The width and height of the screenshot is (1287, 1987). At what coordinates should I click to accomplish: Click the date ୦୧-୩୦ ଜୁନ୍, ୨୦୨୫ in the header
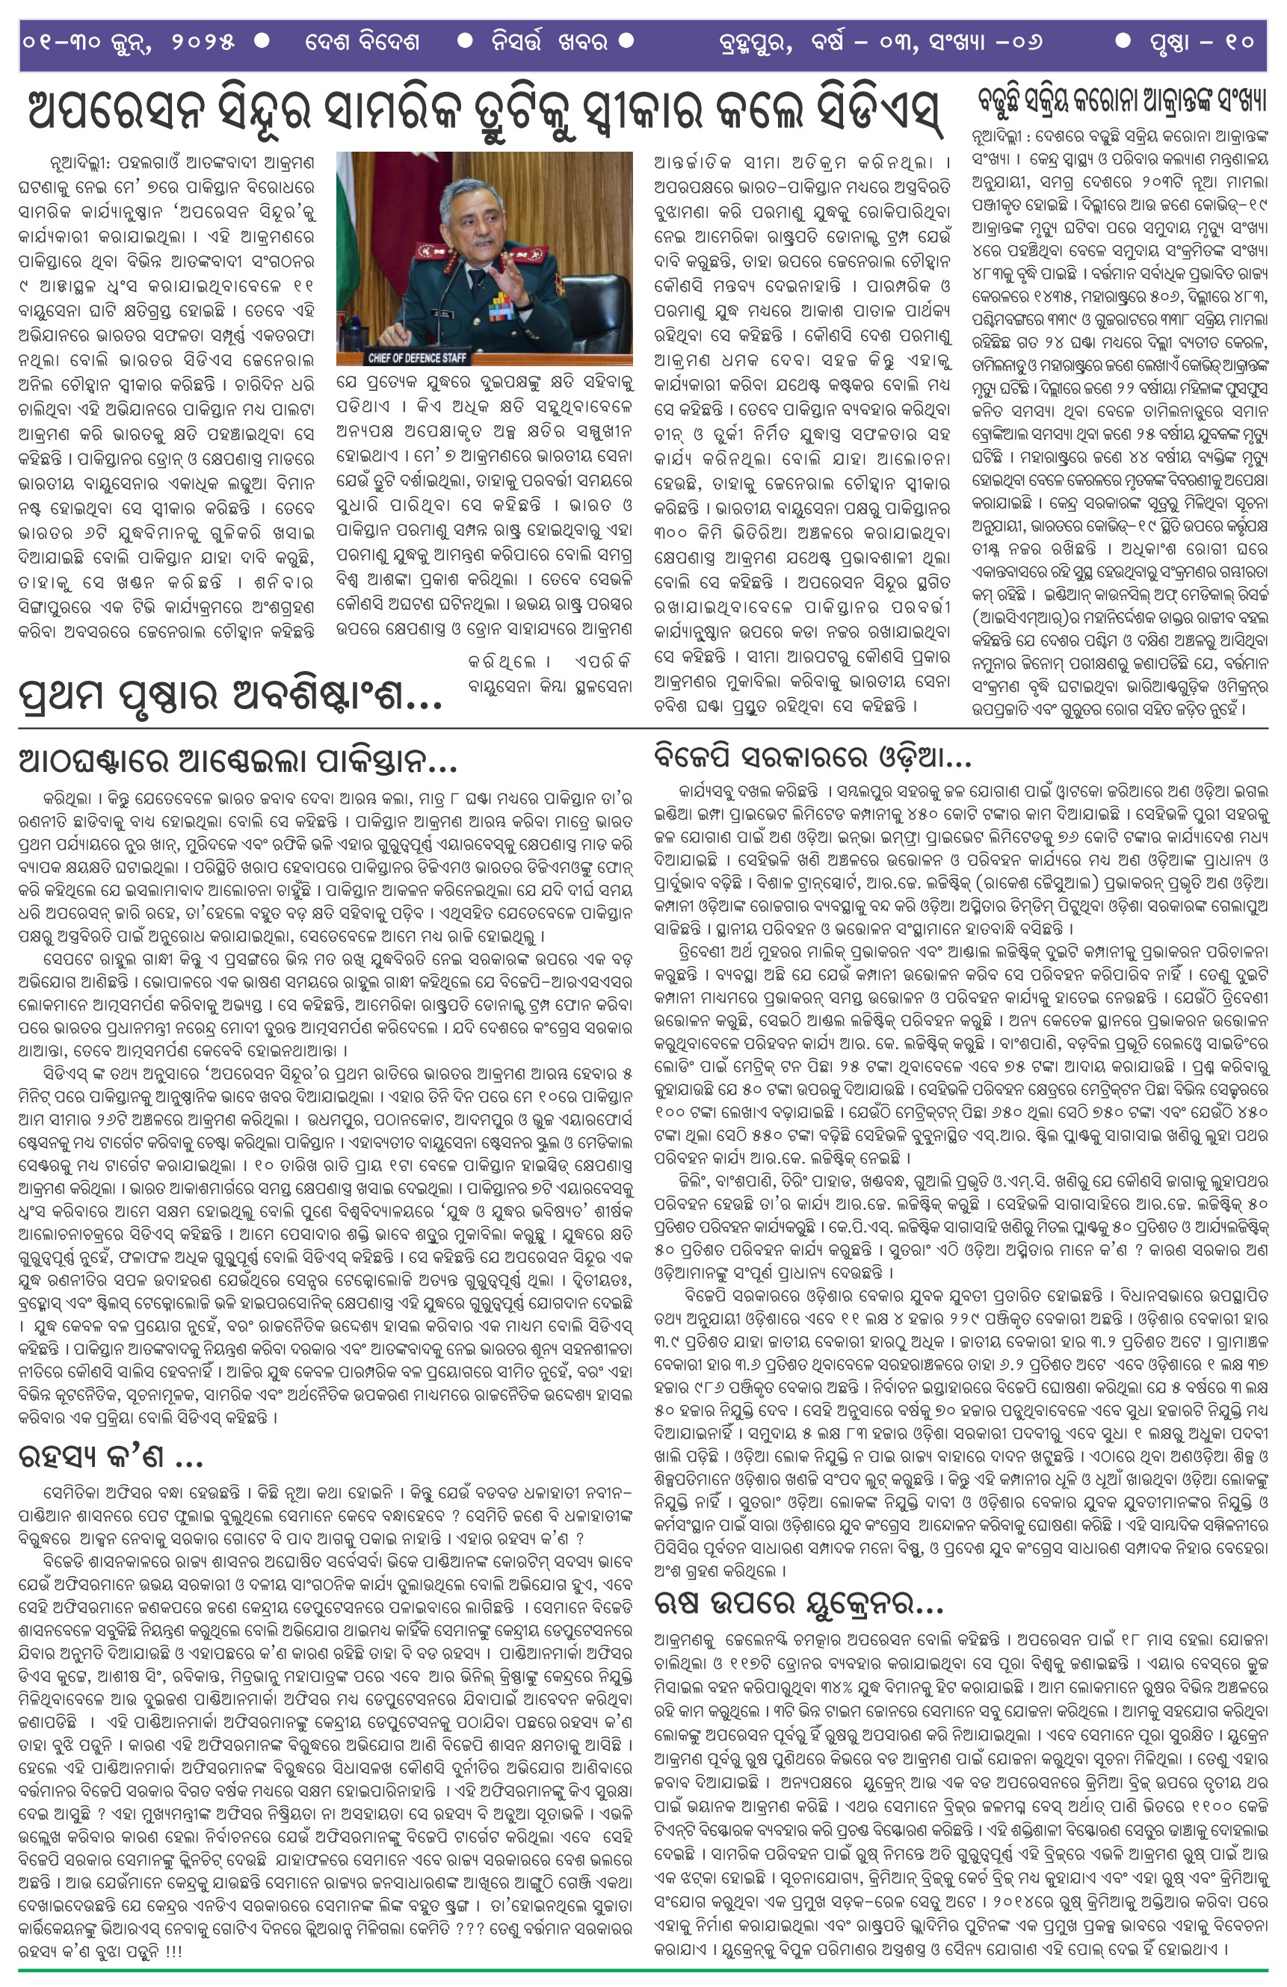tap(129, 42)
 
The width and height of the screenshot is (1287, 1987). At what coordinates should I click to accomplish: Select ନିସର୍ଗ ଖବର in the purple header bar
tap(548, 42)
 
